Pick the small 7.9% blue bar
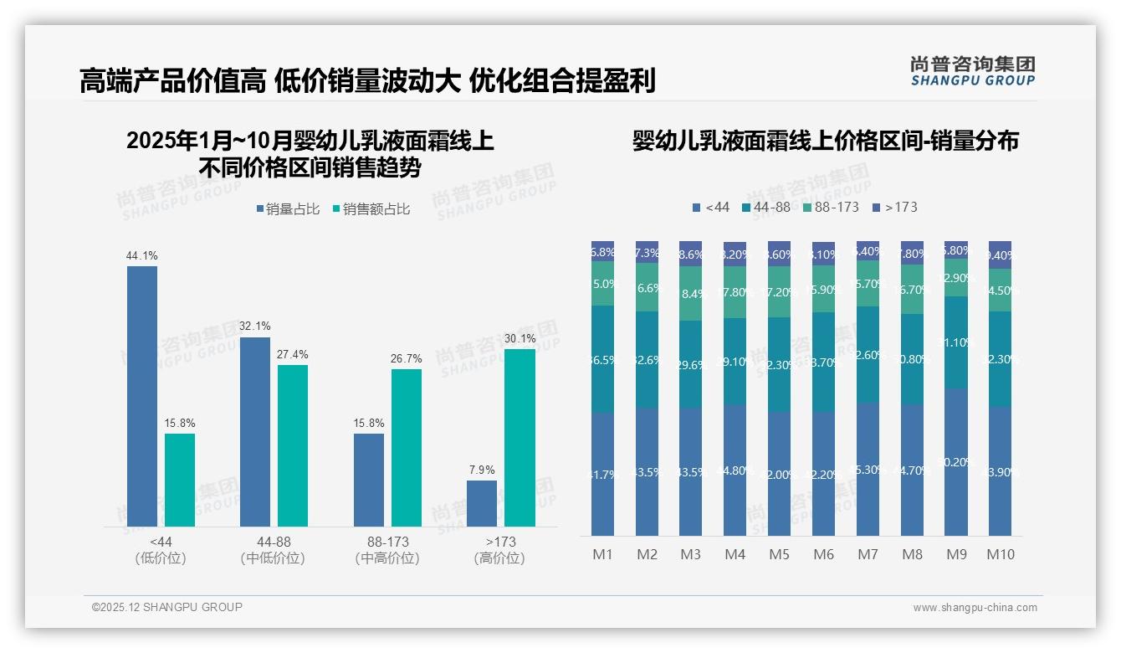482,503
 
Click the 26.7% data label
406,359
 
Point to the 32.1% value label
255,326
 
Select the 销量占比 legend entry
288,209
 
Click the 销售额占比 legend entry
371,209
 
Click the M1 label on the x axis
602,554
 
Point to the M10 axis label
1000,554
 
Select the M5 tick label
779,554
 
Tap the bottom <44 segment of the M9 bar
956,461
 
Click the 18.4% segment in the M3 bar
691,294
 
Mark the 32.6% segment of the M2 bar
647,360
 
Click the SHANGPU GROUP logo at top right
972,71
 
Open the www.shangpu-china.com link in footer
975,608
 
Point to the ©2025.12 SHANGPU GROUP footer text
167,607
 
